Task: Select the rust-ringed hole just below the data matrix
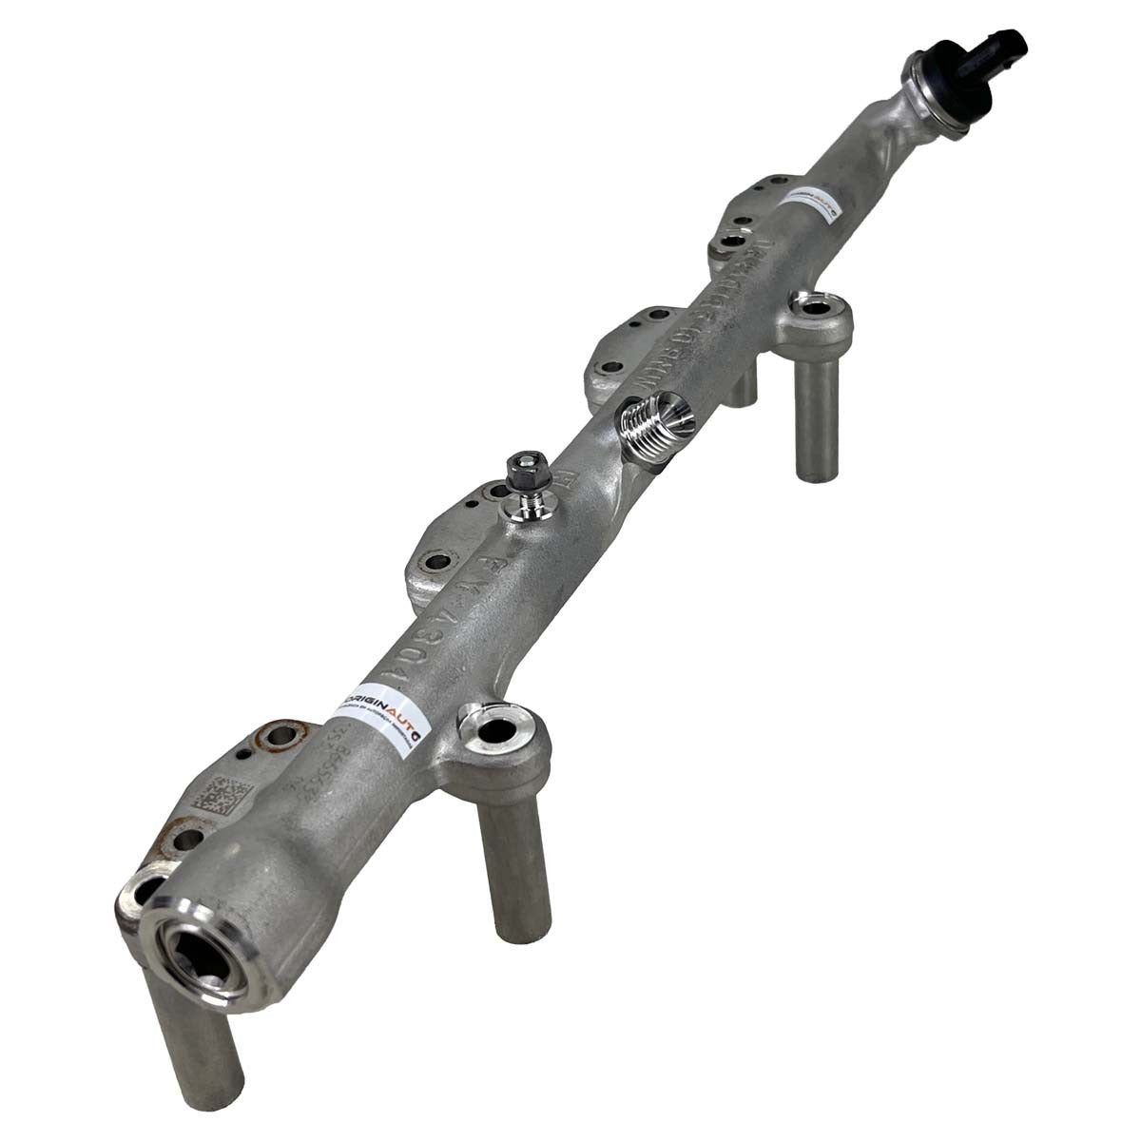[x=187, y=838]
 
